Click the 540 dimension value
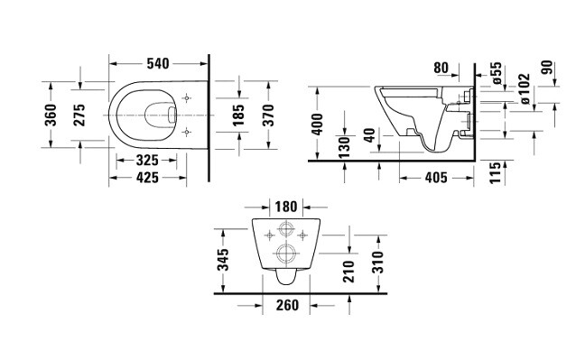pos(158,64)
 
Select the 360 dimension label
pos(51,115)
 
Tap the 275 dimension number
pos(79,115)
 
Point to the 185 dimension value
pos(238,115)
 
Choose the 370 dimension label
pos(268,115)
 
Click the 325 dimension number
pos(147,161)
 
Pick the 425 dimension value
pos(147,178)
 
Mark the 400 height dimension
pos(317,125)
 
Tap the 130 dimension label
pos(344,146)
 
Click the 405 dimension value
pos(436,178)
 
